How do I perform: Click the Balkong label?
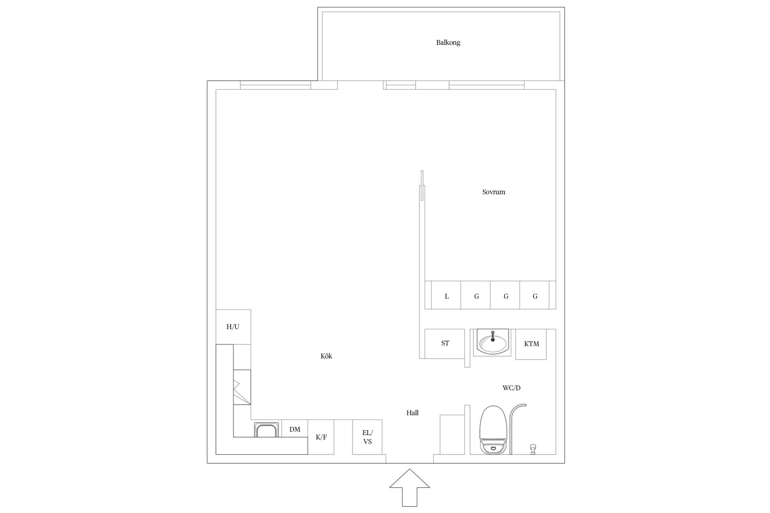tap(448, 42)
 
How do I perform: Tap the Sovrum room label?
tap(493, 192)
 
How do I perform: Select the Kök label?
tap(326, 356)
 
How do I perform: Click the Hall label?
tap(412, 413)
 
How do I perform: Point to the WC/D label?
tap(511, 388)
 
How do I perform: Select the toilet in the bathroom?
tap(492, 431)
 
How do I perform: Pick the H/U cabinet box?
tap(233, 327)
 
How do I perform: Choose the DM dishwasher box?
tap(295, 429)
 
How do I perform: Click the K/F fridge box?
tap(321, 437)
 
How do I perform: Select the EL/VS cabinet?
tap(367, 437)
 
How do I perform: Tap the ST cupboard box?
tap(445, 343)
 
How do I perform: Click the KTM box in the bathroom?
tap(531, 344)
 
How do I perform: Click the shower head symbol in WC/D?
tap(533, 449)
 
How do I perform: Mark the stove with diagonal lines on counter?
tap(242, 387)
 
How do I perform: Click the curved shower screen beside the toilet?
tap(513, 425)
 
